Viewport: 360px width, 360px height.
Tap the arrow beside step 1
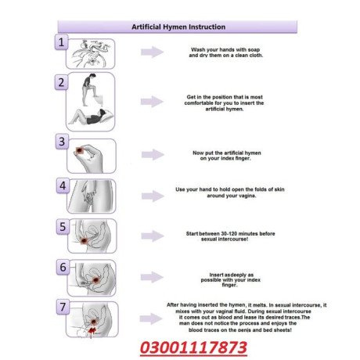pyautogui.click(x=151, y=52)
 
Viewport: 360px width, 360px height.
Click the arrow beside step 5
pyautogui.click(x=151, y=236)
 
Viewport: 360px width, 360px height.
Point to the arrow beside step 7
pyautogui.click(x=151, y=317)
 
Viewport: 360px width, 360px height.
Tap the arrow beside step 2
pyautogui.click(x=151, y=102)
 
